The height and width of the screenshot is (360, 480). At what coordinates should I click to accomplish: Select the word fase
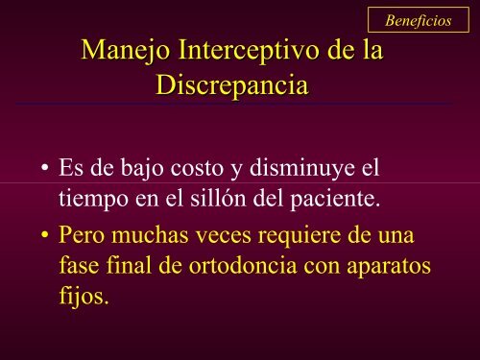[x=80, y=266]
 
